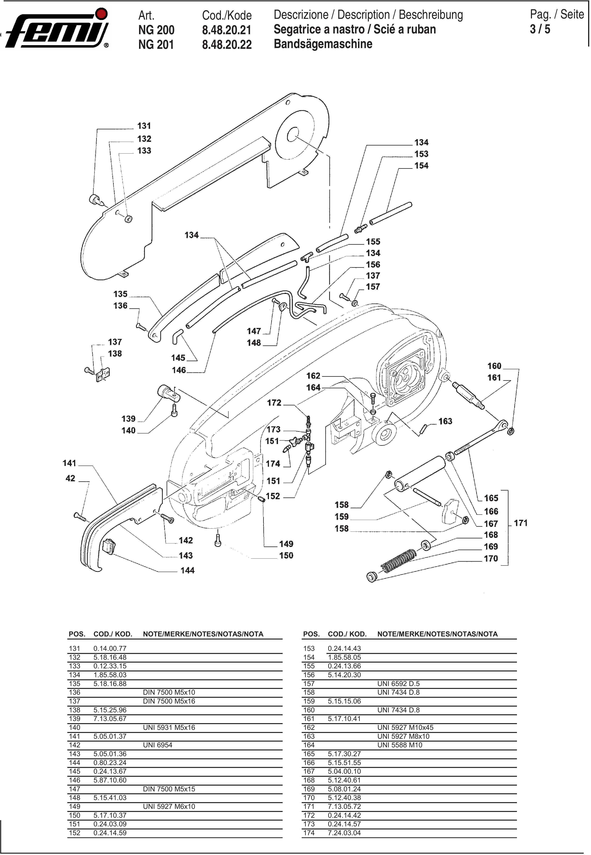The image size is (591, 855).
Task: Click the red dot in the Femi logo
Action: point(101,14)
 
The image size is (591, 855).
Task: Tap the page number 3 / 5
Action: point(540,29)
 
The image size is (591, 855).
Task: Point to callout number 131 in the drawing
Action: point(144,126)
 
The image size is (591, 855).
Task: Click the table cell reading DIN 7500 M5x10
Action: point(169,692)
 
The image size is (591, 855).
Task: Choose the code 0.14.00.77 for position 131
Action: point(110,648)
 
